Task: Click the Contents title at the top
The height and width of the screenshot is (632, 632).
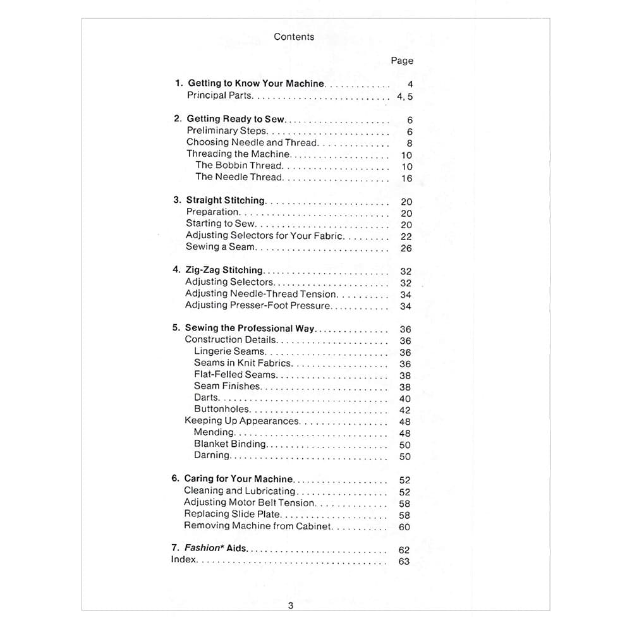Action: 294,37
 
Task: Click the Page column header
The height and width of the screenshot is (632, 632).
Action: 402,61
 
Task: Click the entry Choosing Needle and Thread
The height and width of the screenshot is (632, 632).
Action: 252,143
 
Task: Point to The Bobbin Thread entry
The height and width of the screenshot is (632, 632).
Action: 239,166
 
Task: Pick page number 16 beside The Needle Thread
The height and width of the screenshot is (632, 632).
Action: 406,178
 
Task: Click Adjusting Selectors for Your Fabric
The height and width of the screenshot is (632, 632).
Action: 264,235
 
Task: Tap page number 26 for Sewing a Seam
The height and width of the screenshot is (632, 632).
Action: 406,248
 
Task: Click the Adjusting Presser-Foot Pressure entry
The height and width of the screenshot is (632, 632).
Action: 258,305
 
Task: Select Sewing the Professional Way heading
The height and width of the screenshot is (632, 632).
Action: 250,329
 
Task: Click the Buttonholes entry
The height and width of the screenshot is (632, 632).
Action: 222,410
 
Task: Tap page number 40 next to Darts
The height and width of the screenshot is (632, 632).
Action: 405,399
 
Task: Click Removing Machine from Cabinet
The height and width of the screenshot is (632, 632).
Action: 258,526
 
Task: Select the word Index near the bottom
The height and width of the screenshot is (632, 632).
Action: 184,560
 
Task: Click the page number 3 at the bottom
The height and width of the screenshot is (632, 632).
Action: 291,605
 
